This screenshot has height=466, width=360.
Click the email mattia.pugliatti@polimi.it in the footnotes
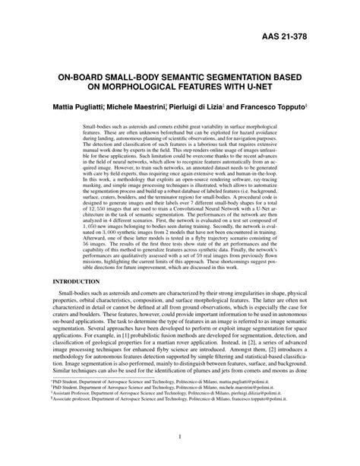(x=278, y=398)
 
